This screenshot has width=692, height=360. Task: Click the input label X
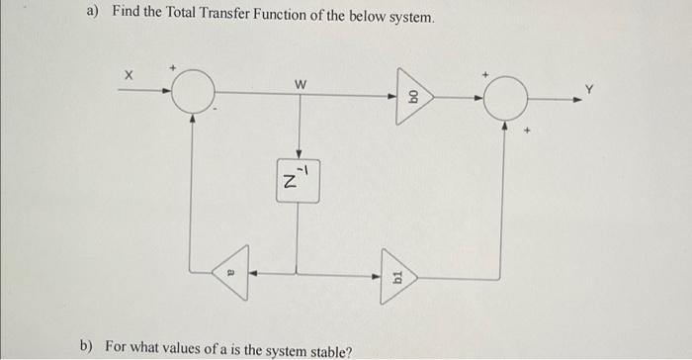127,75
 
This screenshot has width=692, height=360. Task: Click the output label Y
590,89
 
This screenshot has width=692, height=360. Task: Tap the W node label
301,84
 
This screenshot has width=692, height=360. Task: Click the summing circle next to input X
194,92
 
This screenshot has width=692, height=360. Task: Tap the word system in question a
406,20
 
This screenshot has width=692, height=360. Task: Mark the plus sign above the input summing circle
172,67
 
